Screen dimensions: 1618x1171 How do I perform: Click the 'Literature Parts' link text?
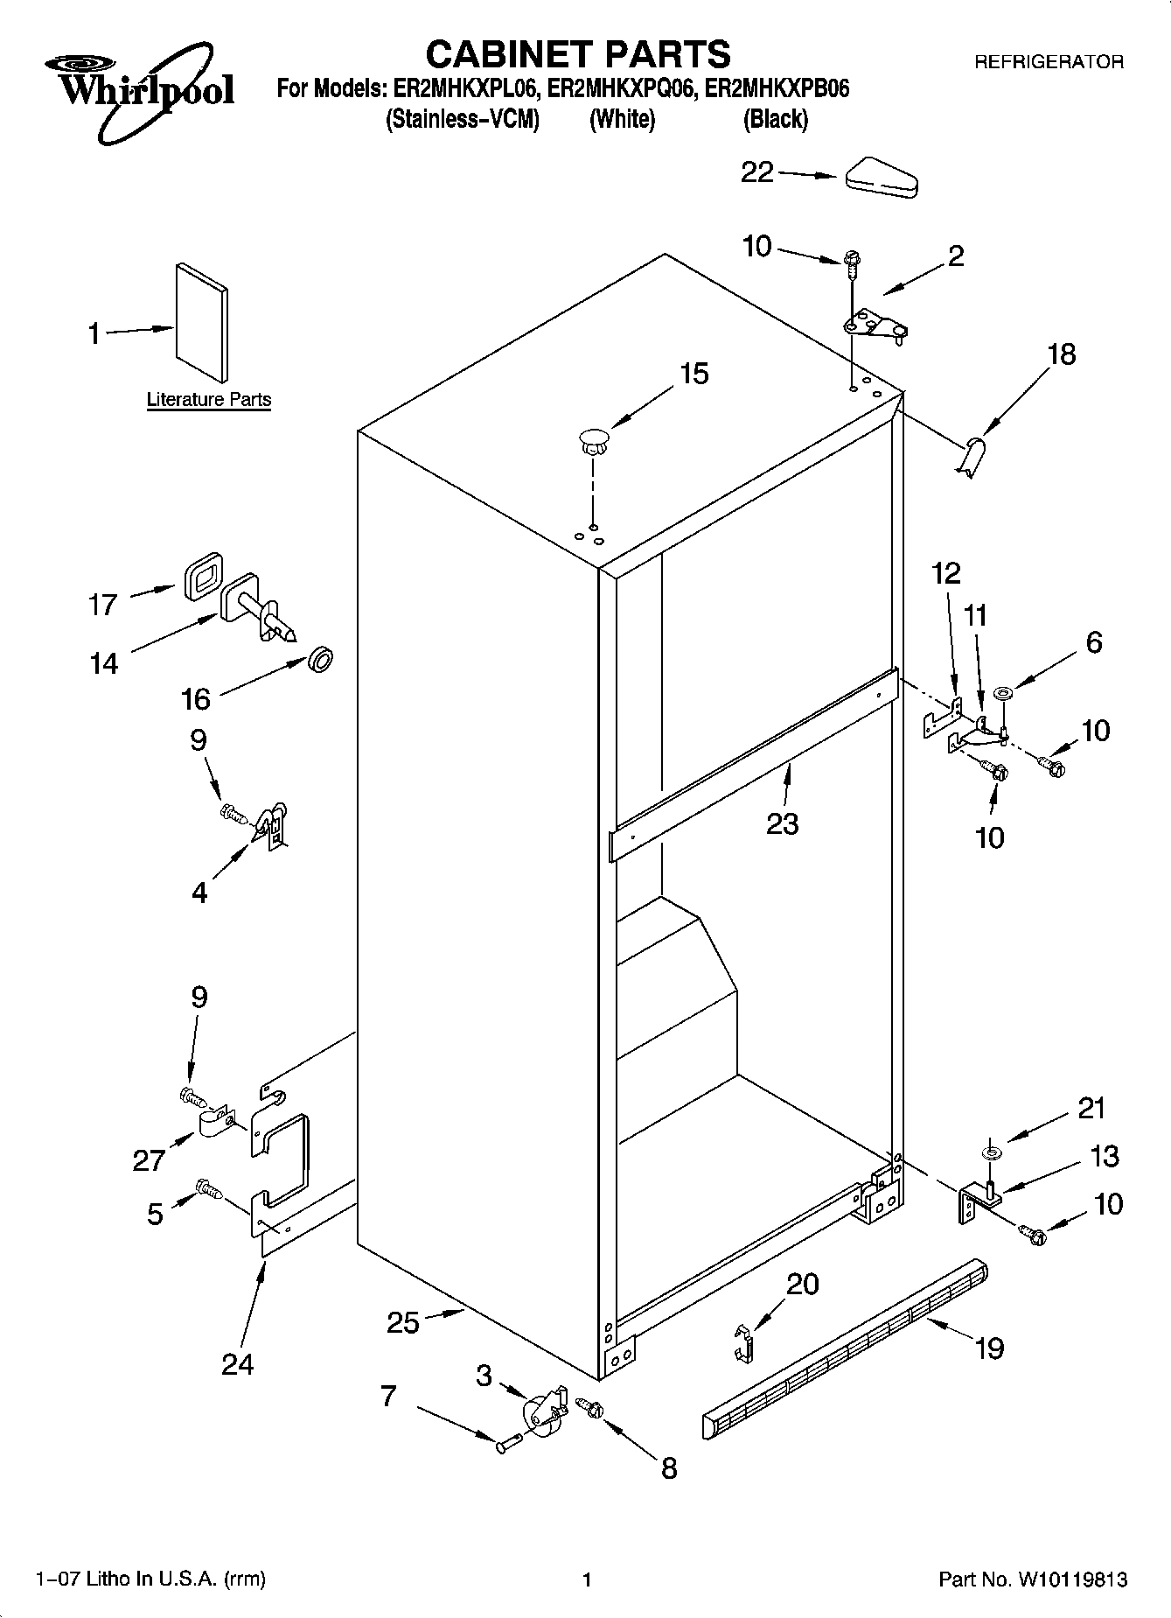click(x=208, y=400)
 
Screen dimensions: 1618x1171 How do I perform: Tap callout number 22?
click(x=757, y=172)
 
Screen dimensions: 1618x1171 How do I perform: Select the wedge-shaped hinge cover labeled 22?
click(x=881, y=178)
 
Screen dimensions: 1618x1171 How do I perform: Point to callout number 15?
click(x=694, y=374)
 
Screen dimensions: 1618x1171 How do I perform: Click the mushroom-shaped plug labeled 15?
click(x=593, y=438)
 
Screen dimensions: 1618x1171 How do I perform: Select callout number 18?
click(x=1061, y=354)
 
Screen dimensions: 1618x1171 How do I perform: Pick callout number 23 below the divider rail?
click(x=782, y=823)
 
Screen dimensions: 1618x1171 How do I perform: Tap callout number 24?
click(x=237, y=1364)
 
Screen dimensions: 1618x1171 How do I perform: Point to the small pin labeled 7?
click(x=507, y=1446)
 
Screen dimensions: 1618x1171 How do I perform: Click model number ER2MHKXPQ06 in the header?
click(x=622, y=88)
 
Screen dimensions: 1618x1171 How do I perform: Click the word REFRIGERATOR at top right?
click(x=1049, y=62)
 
